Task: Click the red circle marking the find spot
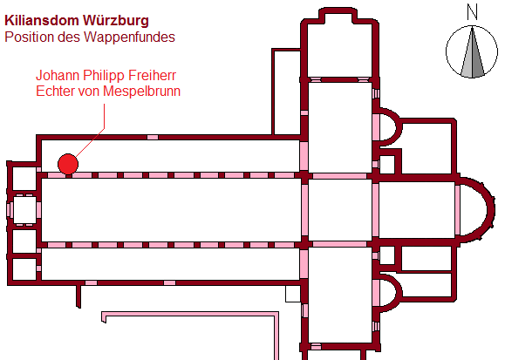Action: (68, 164)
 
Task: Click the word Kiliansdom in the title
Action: (42, 21)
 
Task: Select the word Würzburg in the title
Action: (116, 21)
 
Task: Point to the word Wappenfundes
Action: (129, 37)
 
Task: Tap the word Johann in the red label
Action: (58, 75)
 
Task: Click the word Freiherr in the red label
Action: (152, 75)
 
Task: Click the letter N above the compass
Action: (472, 12)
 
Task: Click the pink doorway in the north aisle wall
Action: (153, 137)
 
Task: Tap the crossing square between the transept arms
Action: (340, 210)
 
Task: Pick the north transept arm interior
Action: (340, 127)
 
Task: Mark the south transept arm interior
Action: (340, 295)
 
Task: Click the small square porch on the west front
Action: (24, 210)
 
